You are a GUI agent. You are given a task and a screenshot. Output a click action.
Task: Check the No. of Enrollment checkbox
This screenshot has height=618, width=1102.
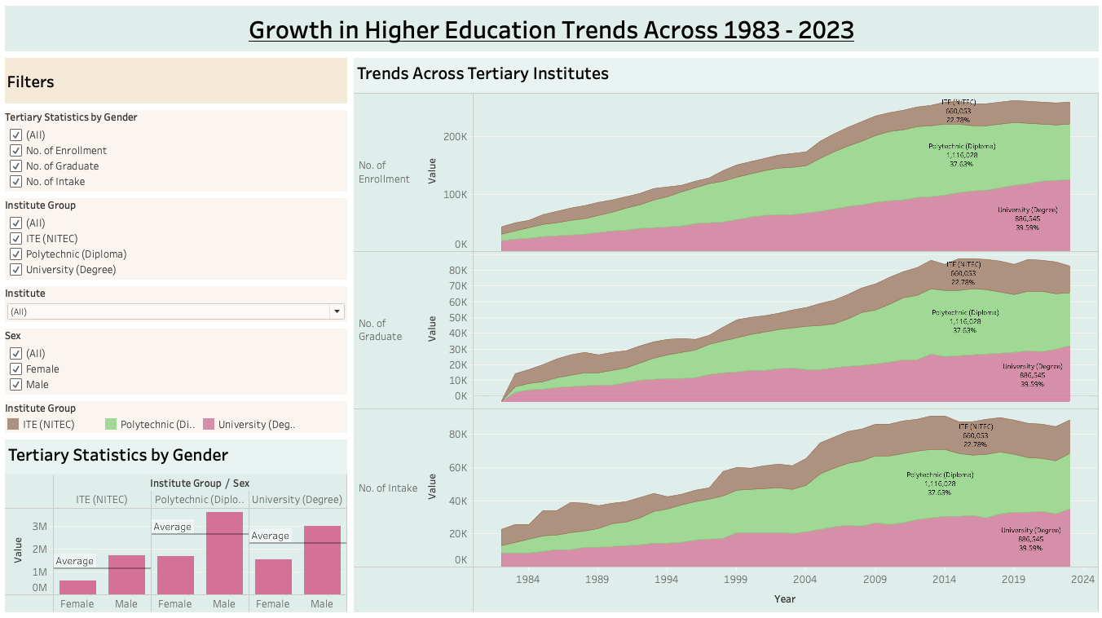(15, 151)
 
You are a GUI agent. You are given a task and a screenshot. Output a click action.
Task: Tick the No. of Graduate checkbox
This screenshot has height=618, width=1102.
(15, 166)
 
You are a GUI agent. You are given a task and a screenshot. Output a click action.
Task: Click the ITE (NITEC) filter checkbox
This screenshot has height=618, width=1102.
(15, 239)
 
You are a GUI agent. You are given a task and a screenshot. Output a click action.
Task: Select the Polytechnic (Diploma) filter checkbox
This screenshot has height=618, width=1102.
(15, 254)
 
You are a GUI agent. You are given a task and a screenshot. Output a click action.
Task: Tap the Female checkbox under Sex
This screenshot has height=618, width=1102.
(15, 369)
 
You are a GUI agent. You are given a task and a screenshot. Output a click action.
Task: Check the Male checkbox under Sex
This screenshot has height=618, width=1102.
(15, 385)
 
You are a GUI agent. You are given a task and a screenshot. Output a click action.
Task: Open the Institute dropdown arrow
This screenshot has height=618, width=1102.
(336, 311)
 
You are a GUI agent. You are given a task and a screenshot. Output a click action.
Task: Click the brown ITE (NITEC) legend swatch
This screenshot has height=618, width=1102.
(13, 424)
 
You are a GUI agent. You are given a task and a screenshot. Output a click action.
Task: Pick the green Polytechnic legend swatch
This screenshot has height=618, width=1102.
(111, 424)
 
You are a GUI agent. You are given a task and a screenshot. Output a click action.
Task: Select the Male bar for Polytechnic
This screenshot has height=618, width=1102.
(224, 553)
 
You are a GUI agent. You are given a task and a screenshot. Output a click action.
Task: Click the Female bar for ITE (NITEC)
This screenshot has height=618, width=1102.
(77, 587)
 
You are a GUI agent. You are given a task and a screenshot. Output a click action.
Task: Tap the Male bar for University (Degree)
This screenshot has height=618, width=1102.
(322, 559)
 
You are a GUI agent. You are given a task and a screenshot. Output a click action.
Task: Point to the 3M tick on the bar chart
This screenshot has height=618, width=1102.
(39, 527)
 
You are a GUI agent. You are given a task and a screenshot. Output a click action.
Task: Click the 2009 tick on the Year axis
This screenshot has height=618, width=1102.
(875, 580)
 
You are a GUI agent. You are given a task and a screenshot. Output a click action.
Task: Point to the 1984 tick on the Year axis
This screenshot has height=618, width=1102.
(528, 580)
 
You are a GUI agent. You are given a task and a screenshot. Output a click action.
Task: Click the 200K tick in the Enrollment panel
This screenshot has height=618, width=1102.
(455, 136)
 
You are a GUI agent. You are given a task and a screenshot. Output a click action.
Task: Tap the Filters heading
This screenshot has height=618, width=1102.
(31, 82)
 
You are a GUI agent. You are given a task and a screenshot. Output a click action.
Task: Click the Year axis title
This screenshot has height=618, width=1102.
(785, 599)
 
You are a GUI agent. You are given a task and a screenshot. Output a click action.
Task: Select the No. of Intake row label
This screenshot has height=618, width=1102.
(388, 488)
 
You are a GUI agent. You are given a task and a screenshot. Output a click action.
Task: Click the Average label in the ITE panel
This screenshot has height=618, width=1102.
(75, 561)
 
